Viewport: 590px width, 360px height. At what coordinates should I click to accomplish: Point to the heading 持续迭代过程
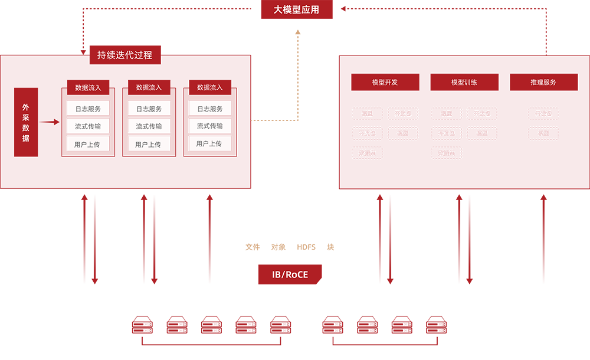(125, 55)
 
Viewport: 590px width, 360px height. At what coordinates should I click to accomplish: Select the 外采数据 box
(25, 123)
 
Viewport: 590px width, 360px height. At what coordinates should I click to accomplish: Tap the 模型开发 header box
(385, 82)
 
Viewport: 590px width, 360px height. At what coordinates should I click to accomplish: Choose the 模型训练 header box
(464, 82)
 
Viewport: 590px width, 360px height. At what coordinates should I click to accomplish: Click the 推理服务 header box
(543, 82)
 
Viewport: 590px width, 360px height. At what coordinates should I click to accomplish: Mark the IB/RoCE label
(290, 275)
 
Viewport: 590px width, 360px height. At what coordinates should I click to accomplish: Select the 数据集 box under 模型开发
(367, 153)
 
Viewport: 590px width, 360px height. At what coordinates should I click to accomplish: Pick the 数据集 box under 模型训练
(446, 153)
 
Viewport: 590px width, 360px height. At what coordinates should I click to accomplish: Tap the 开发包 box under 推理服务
(543, 114)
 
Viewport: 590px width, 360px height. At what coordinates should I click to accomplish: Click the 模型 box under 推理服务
(543, 133)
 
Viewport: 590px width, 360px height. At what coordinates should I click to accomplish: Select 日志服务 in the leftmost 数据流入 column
(88, 109)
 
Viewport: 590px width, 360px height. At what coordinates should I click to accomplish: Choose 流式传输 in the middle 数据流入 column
(149, 126)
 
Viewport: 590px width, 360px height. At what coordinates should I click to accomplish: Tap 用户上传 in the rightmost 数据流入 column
(210, 144)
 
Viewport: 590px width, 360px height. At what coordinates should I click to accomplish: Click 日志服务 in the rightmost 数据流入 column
(210, 109)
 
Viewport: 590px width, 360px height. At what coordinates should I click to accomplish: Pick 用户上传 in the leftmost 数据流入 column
(88, 144)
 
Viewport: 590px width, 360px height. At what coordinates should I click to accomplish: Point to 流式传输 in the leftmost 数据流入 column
(88, 126)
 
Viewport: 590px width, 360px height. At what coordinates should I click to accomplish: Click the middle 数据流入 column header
(149, 87)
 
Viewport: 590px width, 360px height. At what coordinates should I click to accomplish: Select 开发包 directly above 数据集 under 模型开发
(367, 133)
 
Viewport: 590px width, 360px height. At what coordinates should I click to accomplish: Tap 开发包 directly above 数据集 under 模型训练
(446, 133)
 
